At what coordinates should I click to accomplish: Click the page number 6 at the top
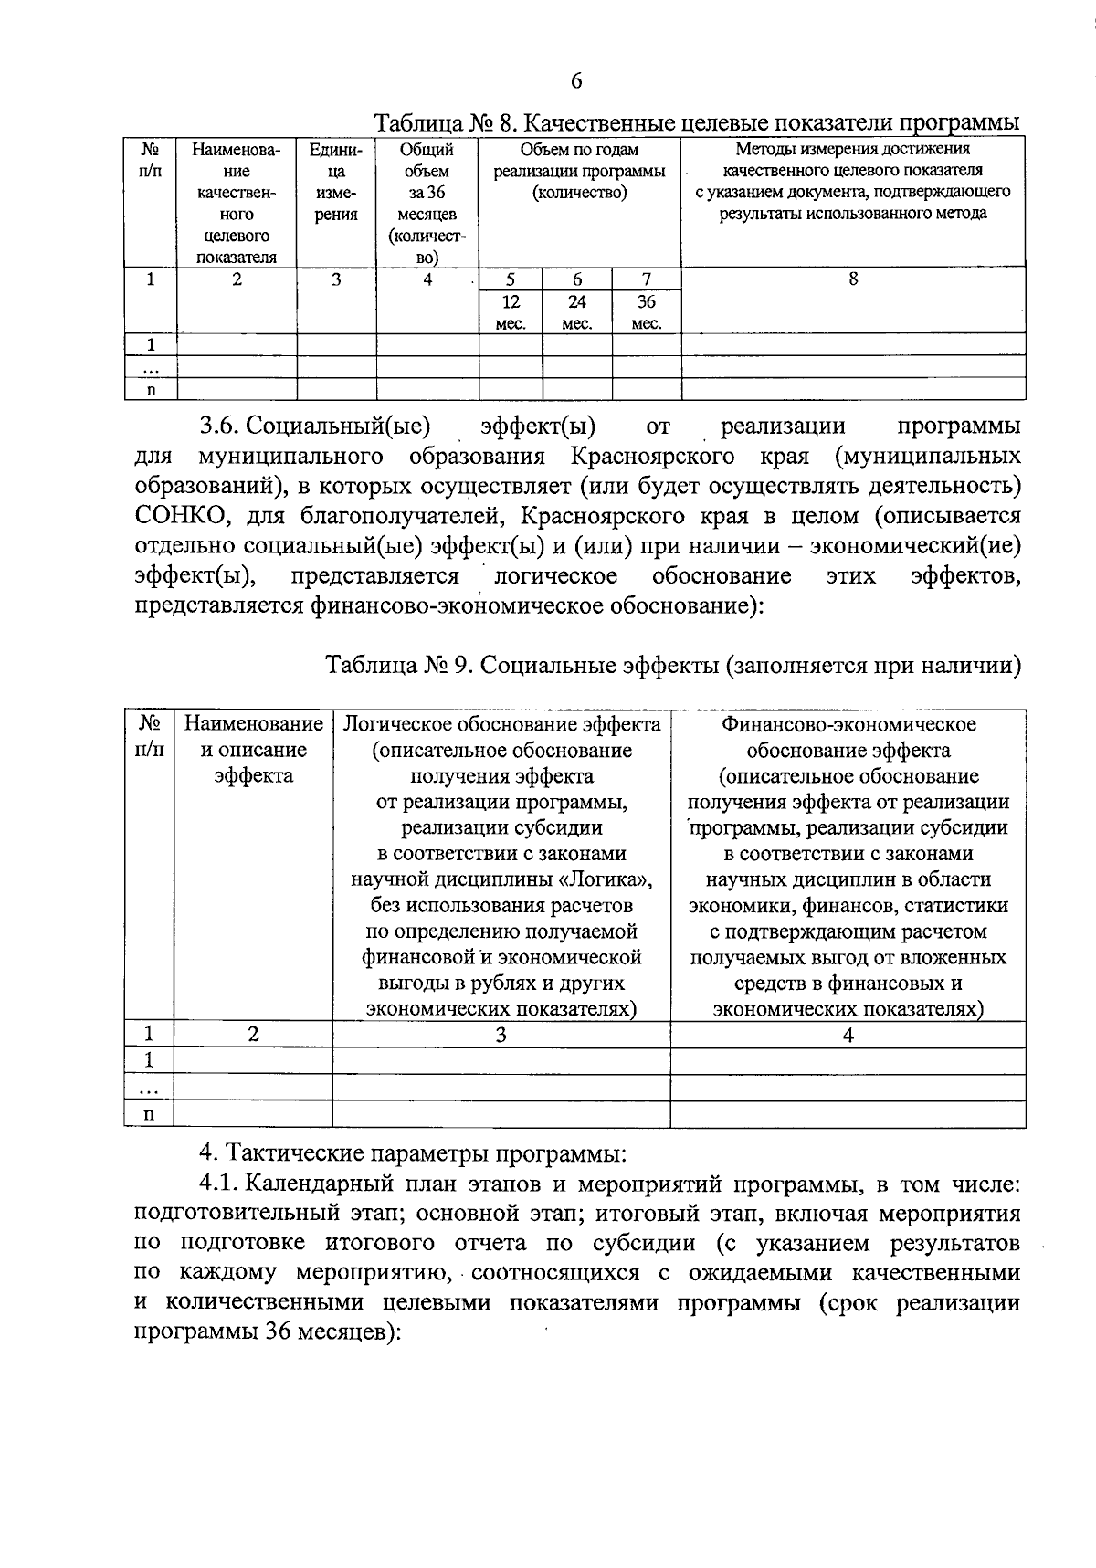576,81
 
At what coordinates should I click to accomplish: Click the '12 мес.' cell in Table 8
511,312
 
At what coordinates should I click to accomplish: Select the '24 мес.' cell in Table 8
576,312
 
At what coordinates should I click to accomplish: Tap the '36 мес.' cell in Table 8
646,312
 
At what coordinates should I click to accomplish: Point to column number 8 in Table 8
852,279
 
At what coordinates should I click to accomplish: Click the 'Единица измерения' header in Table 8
336,182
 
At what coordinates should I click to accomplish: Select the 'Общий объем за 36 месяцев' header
427,204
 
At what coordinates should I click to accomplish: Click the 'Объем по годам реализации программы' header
579,171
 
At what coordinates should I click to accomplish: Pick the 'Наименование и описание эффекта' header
253,750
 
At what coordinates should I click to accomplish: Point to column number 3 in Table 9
501,1034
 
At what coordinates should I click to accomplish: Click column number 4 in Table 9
848,1034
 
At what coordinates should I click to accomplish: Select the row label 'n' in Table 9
149,1113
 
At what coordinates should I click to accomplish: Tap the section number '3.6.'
219,426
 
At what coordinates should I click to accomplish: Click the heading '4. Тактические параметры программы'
413,1153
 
